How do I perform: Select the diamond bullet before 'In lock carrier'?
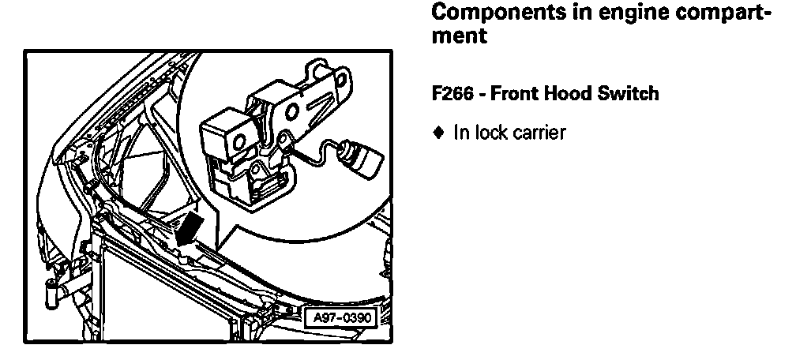click(439, 133)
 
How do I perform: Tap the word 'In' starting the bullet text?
click(460, 133)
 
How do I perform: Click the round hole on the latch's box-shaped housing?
click(238, 143)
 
